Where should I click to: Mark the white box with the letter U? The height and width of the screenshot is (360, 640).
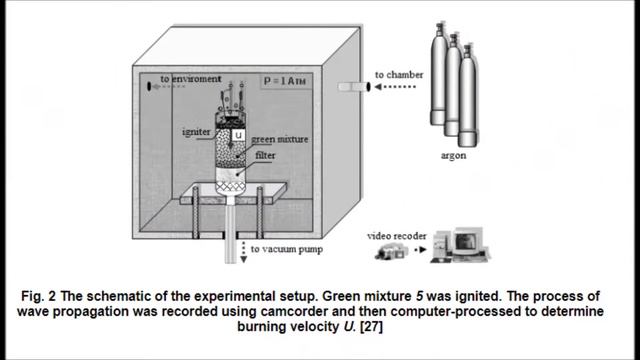click(x=239, y=135)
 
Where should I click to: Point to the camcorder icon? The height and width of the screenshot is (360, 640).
click(x=390, y=254)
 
